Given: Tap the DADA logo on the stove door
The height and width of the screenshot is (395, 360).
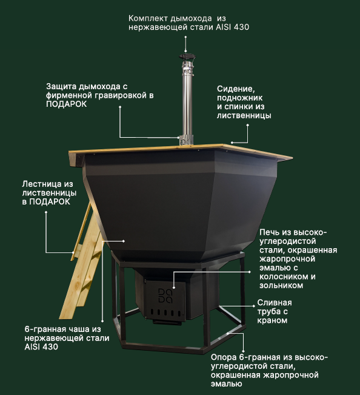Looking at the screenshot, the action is click(165, 295).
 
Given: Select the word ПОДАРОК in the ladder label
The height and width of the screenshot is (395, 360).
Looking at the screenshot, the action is click(50, 202).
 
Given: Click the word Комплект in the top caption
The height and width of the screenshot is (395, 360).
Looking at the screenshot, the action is click(148, 18).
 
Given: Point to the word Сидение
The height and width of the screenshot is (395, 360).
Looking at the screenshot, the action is click(236, 89).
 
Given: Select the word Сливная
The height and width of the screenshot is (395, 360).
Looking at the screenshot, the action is click(274, 303).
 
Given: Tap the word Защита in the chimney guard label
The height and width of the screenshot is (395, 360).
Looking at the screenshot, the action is click(62, 86).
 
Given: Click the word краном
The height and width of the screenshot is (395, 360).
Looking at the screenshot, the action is click(272, 320).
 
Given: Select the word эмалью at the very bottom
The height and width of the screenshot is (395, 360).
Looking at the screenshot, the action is click(226, 384).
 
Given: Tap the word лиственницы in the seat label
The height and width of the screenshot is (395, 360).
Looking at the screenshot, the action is click(244, 115).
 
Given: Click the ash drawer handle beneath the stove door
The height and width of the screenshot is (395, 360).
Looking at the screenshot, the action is click(167, 322).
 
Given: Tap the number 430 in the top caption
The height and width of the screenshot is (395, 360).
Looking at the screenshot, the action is click(241, 27).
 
